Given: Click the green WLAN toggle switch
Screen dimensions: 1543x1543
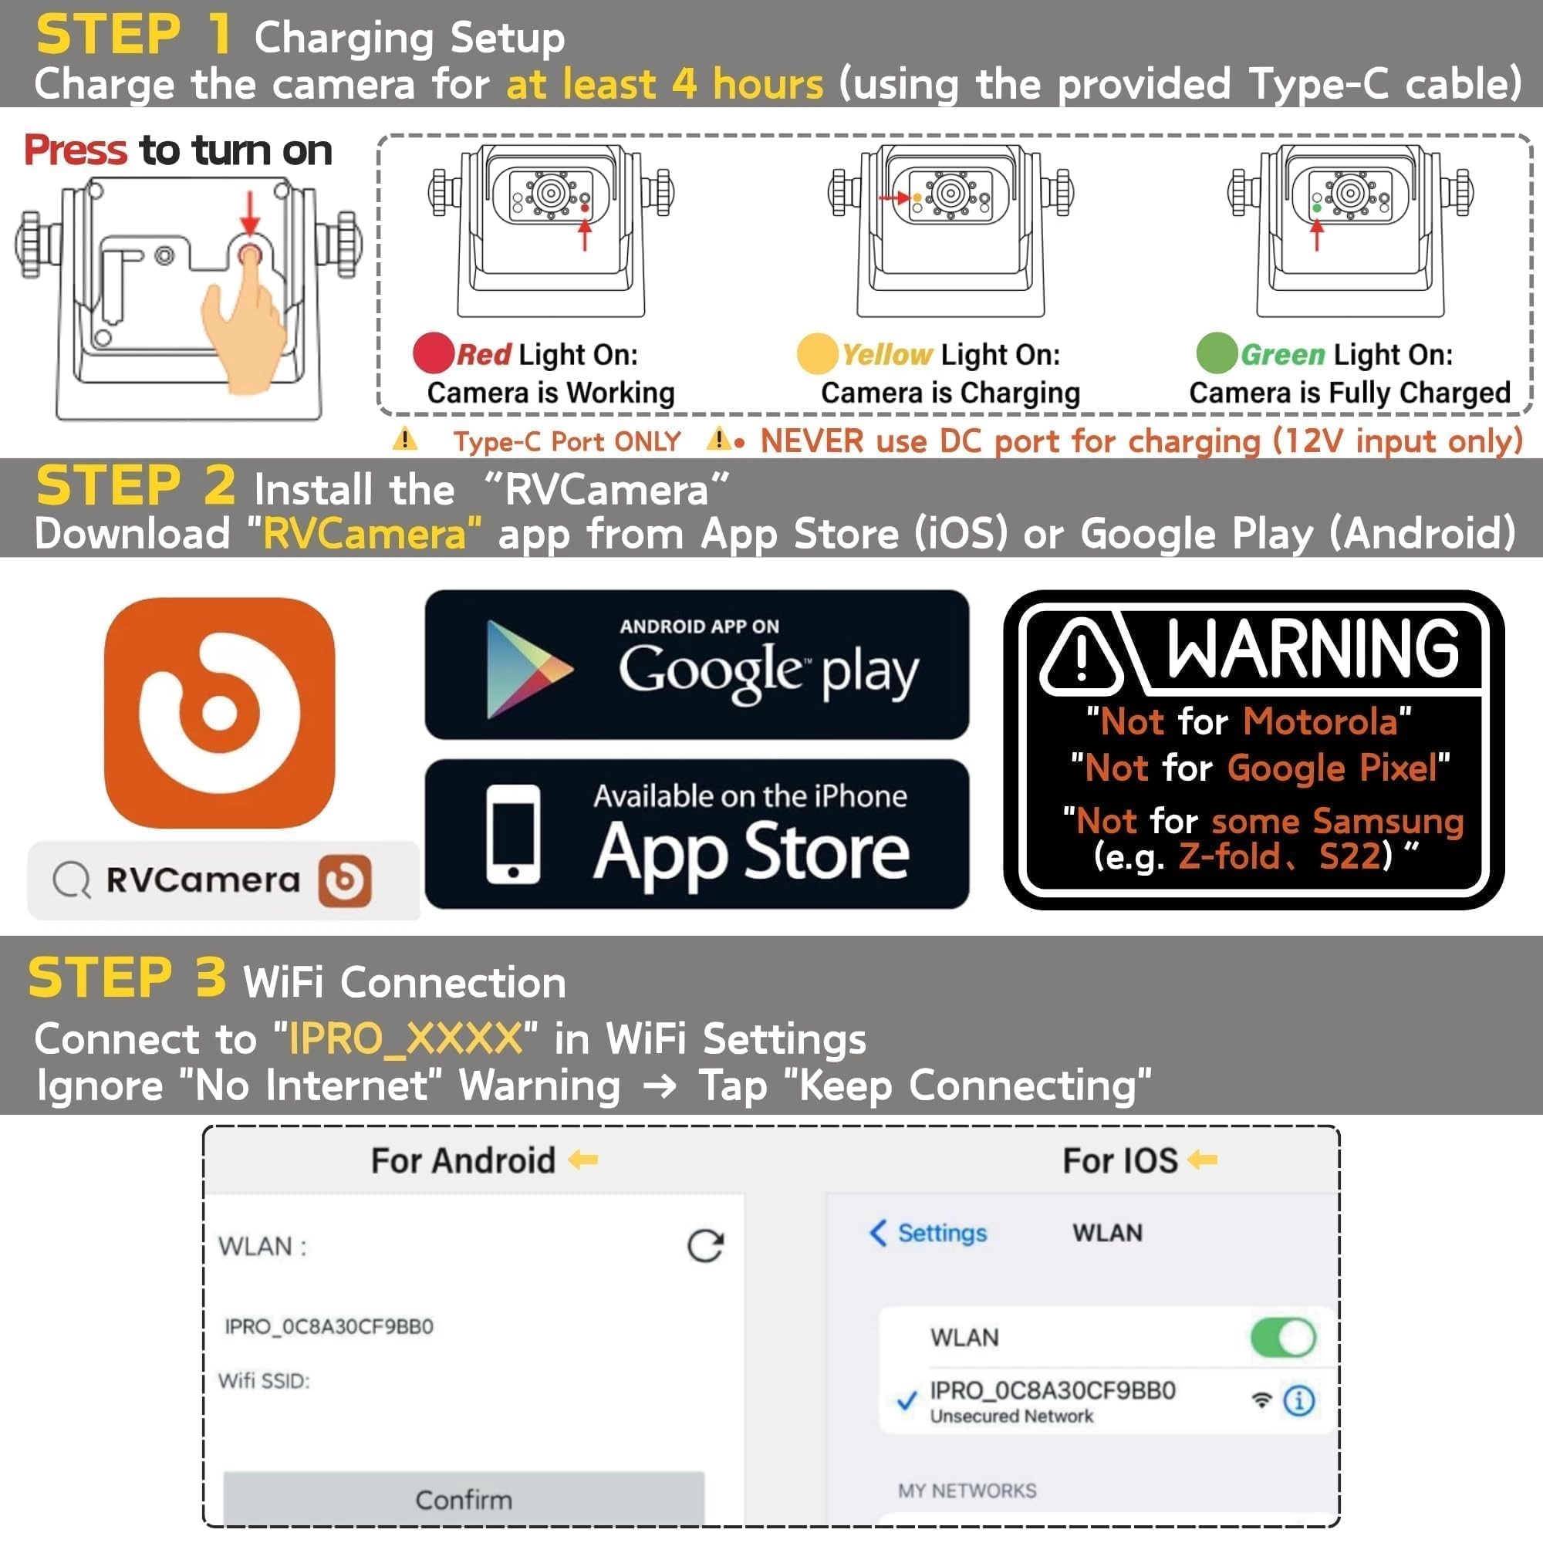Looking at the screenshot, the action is tap(1283, 1337).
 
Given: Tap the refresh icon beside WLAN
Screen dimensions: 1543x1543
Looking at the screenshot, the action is tap(705, 1245).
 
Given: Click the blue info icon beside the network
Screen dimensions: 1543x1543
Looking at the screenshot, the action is tap(1298, 1400).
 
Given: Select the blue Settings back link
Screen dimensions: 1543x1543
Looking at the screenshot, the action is tap(928, 1232).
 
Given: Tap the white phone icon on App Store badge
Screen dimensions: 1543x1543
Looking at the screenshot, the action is tap(513, 834).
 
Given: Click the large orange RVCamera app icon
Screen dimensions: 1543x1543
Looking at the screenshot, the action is tap(220, 712).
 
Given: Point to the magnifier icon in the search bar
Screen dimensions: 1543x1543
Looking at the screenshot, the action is tap(71, 880).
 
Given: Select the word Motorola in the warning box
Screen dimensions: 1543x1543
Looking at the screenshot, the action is tap(1319, 721).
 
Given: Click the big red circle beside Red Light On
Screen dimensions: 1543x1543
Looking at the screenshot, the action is tap(434, 353).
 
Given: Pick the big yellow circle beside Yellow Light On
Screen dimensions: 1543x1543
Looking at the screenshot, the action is tap(817, 353).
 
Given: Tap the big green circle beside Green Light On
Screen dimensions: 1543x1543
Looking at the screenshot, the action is tap(1217, 353).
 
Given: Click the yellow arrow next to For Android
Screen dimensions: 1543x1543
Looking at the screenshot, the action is tap(583, 1159).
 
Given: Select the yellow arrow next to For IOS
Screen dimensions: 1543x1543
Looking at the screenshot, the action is tap(1202, 1159).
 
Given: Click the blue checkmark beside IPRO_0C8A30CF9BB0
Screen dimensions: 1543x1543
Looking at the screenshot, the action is tap(907, 1401).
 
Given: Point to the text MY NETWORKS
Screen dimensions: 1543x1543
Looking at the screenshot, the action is tap(967, 1491).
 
